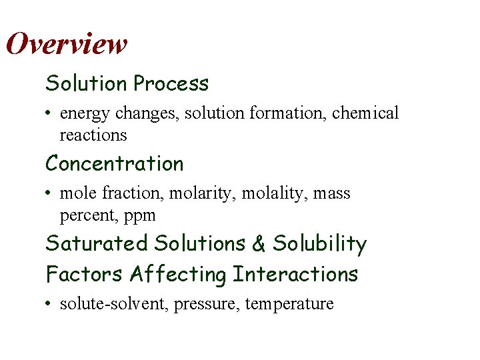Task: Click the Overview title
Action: [x=66, y=44]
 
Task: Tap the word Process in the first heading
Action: [x=171, y=84]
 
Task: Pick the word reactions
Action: [x=93, y=135]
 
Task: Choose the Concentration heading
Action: [x=114, y=163]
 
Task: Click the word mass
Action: [x=332, y=194]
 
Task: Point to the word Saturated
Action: [x=97, y=243]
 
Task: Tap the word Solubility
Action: [x=319, y=244]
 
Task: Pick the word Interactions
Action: [x=295, y=274]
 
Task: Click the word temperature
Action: [x=289, y=305]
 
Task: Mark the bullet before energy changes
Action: [x=49, y=114]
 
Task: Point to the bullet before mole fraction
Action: [x=49, y=194]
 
